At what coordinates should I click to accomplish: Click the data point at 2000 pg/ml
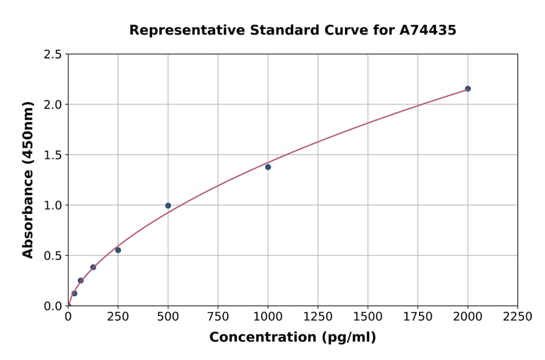coord(467,88)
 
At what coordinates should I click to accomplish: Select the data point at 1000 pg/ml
coord(268,167)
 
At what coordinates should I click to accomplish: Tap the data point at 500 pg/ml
coord(168,205)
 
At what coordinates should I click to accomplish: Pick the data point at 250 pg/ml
coord(118,250)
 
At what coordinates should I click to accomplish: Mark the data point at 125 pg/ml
coord(93,267)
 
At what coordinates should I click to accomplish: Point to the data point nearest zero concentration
coord(74,293)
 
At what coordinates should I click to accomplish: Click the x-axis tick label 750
coord(218,316)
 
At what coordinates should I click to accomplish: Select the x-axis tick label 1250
coord(318,316)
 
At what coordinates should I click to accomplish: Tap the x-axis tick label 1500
coord(368,316)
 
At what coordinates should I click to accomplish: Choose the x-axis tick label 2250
coord(518,316)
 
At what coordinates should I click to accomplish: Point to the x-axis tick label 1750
coord(418,316)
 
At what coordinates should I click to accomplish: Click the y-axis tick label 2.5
coord(53,55)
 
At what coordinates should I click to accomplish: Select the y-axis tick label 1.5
coord(53,155)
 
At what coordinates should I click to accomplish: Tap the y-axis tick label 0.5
coord(53,256)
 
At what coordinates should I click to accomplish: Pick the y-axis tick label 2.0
coord(53,105)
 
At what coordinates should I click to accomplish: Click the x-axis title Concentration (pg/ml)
coord(292,338)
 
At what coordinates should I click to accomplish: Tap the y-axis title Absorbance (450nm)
coord(28,179)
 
